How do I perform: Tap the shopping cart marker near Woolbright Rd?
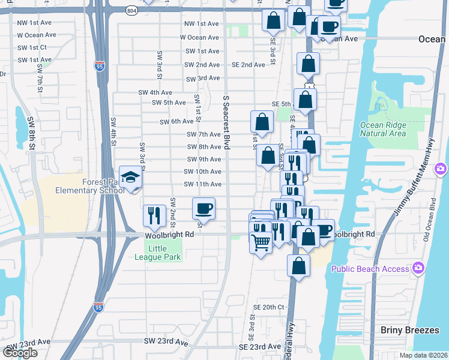(x=261, y=243)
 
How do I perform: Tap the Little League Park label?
(x=164, y=253)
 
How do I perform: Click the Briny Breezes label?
(x=410, y=330)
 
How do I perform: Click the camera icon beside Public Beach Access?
(x=418, y=268)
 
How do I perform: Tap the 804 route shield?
(x=131, y=11)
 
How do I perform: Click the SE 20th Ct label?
(x=268, y=307)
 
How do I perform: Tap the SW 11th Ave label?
(x=203, y=184)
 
